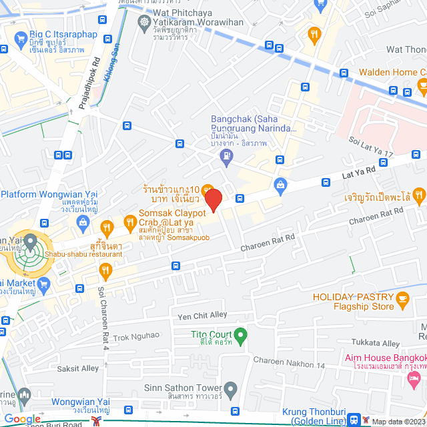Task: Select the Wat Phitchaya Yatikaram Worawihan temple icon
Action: pos(143,21)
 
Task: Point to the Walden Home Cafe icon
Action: pos(421,85)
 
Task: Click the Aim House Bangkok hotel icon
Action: pos(412,378)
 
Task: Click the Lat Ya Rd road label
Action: pos(359,173)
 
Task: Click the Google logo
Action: pos(23,419)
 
